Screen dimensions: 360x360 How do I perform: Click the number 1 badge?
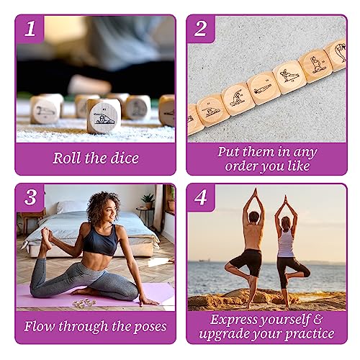click(x=30, y=30)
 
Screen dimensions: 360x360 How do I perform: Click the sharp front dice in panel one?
click(x=103, y=115)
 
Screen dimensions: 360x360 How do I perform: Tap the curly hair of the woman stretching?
click(x=102, y=208)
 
